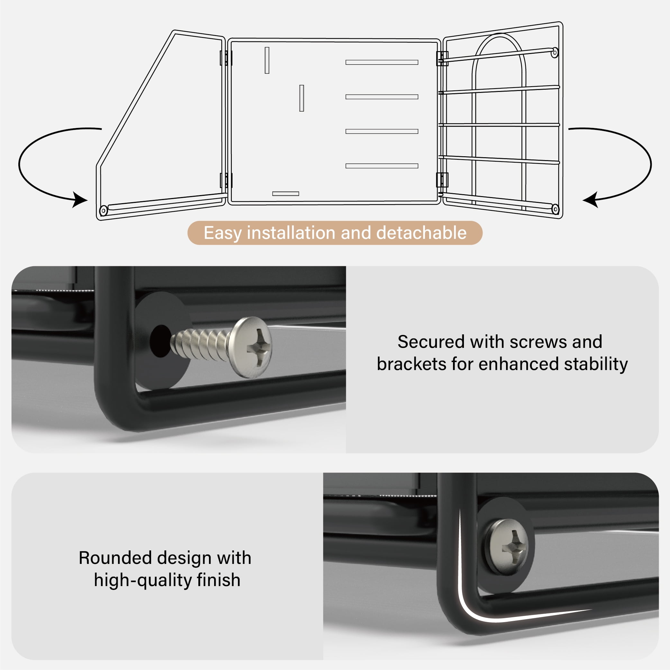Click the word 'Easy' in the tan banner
pos(222,233)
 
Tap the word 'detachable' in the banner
pos(421,232)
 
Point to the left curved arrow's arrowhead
pos(79,200)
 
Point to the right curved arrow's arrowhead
pos(590,200)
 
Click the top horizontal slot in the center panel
pos(382,62)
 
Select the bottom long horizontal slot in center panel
pos(382,166)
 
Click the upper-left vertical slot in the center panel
pos(267,60)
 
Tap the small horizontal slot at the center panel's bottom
pos(286,194)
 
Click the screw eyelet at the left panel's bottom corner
pos(103,211)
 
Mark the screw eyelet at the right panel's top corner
pos(555,53)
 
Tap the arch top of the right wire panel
pos(500,35)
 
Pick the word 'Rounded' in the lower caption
pos(115,558)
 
